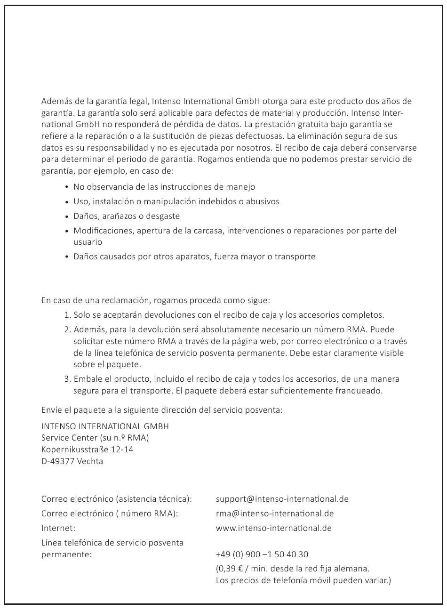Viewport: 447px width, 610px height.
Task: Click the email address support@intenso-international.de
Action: point(282,499)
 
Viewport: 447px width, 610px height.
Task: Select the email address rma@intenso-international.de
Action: point(275,514)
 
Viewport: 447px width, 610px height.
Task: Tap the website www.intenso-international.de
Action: point(273,528)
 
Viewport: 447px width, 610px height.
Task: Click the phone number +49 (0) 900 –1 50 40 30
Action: point(262,554)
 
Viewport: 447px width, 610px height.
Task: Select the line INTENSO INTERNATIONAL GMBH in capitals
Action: point(105,426)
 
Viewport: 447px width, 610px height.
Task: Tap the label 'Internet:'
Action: point(58,528)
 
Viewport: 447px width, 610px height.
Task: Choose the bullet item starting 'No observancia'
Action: point(164,187)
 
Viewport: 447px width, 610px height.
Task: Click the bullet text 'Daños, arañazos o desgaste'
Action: point(127,216)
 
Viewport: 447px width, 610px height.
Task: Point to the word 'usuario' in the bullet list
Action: point(88,242)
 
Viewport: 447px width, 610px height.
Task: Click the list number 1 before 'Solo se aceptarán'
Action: point(67,315)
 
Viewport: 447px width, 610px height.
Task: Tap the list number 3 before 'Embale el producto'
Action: point(67,379)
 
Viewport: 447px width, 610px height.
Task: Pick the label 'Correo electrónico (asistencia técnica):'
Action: point(117,499)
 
